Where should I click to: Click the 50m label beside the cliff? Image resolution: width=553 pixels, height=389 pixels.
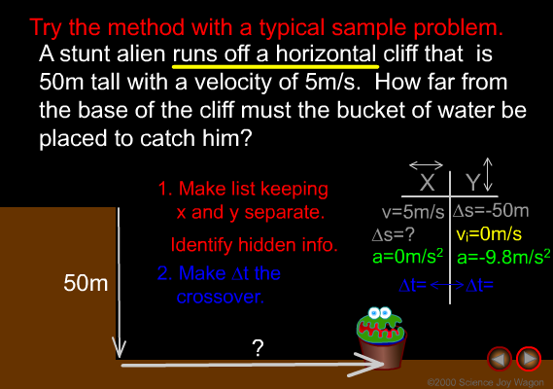point(86,283)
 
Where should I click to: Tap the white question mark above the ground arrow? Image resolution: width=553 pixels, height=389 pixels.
point(259,348)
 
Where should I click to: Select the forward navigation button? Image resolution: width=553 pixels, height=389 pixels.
point(529,359)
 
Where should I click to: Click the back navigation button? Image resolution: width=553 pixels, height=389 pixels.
point(500,359)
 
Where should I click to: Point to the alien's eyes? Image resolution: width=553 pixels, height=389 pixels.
point(379,313)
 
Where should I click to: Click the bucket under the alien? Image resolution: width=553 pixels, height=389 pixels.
point(382,349)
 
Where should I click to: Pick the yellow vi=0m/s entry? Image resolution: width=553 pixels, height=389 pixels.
point(489,234)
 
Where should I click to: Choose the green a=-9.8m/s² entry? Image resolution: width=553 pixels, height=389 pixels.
point(503,257)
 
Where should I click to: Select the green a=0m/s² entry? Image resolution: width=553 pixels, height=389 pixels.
point(407,257)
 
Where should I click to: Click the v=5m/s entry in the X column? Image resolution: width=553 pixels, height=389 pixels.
point(413,212)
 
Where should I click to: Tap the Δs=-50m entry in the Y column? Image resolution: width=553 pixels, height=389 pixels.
point(491,211)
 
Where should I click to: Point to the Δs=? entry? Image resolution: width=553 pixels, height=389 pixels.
point(394,234)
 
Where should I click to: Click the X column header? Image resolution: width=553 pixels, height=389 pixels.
point(427,183)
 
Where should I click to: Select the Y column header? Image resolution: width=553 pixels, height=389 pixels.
point(472,183)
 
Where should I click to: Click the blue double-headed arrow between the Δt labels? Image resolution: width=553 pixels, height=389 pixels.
point(447,285)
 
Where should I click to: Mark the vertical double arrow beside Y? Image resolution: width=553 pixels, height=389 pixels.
point(488,174)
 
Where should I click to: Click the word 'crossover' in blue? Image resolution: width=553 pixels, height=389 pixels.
point(220,298)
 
